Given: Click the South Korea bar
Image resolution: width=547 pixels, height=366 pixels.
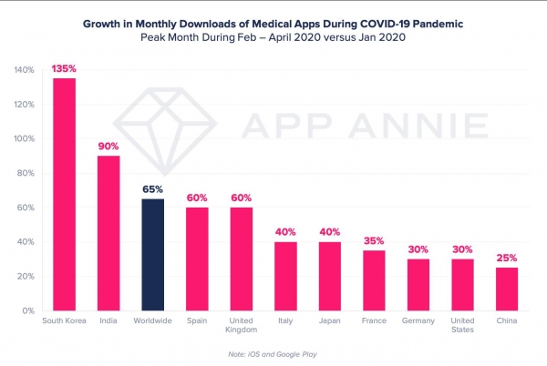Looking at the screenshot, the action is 64,194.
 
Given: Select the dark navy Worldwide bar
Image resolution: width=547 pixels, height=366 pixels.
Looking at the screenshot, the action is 153,255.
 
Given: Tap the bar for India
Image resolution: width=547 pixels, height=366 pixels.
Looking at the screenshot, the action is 108,233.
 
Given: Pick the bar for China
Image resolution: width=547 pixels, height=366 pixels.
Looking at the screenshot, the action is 507,289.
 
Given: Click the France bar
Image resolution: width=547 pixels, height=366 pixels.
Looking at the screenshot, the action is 374,280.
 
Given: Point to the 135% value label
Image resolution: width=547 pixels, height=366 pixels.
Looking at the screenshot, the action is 64,68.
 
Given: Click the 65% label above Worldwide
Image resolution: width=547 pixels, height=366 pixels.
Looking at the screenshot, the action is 153,189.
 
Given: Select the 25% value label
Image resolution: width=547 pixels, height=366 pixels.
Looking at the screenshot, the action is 507,258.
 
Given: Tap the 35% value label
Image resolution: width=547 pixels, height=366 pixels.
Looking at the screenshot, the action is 374,240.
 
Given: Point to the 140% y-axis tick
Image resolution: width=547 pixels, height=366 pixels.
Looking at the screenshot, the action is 24,70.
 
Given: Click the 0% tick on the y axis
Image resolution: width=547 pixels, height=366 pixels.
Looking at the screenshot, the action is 28,310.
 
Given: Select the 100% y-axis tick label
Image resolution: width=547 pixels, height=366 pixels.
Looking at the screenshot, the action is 24,138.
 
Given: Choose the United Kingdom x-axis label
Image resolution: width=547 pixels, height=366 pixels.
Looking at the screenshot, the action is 241,325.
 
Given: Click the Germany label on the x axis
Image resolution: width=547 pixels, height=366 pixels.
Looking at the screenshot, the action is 418,320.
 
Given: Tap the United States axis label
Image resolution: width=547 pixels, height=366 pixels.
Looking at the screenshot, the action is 462,325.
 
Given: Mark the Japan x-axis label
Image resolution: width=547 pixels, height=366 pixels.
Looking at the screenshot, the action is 330,320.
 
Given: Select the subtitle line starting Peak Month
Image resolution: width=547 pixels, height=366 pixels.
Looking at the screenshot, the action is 273,37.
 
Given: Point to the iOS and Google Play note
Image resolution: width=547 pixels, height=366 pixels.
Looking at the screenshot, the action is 273,354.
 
